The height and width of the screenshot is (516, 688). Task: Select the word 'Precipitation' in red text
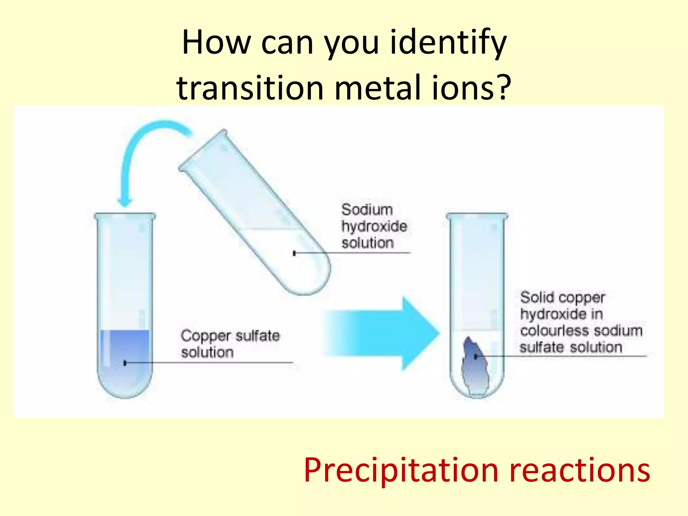pos(401,470)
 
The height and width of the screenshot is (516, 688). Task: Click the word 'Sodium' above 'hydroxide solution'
pos(367,210)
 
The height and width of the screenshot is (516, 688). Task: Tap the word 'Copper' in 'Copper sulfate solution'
pos(206,336)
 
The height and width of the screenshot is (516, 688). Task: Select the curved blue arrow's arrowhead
pos(125,202)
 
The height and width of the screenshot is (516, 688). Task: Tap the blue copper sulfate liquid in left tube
pos(125,349)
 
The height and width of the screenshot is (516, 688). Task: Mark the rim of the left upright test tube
pos(125,215)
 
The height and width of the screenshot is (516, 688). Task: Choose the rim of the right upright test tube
pos(477,215)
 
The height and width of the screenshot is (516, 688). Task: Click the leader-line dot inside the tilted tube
pos(294,253)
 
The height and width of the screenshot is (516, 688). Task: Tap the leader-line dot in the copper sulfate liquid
pos(125,363)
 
